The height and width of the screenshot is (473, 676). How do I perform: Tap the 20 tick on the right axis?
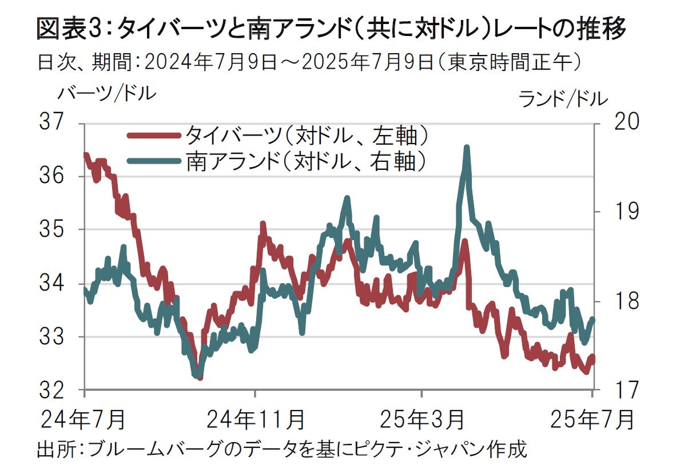tap(617, 122)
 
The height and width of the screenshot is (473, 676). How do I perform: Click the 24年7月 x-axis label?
tap(83, 419)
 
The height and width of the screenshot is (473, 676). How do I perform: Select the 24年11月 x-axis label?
tap(255, 419)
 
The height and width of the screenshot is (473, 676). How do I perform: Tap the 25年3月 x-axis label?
tap(421, 419)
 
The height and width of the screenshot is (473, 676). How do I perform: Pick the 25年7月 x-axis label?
tap(592, 419)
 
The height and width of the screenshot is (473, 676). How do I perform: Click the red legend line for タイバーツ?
tap(153, 136)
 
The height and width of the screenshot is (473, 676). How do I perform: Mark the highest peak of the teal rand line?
tap(467, 148)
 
